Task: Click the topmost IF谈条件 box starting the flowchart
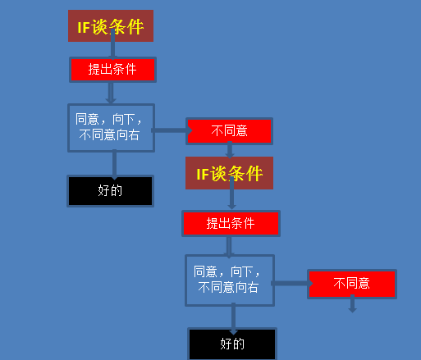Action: pos(111,26)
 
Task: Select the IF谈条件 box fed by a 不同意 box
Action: pos(229,173)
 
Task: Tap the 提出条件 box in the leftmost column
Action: pos(112,70)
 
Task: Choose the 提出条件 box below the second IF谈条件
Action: pos(231,223)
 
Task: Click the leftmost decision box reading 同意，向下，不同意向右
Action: pos(111,128)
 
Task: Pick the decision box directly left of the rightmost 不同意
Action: pos(230,280)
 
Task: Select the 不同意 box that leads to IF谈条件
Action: pos(229,131)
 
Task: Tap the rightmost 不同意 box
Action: pos(352,284)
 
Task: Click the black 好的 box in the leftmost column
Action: pos(111,191)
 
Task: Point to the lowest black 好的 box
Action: pos(232,344)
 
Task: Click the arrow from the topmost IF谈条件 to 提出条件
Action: pos(112,44)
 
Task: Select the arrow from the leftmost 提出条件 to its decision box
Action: pos(111,93)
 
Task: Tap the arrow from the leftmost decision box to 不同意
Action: pos(172,130)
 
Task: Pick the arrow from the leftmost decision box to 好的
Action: pos(114,165)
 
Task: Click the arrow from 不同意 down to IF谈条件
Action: pos(230,150)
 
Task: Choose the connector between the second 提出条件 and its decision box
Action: pos(229,247)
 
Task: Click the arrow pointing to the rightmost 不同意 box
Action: pos(292,283)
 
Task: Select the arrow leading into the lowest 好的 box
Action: pos(233,319)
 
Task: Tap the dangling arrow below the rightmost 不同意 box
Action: pos(352,303)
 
